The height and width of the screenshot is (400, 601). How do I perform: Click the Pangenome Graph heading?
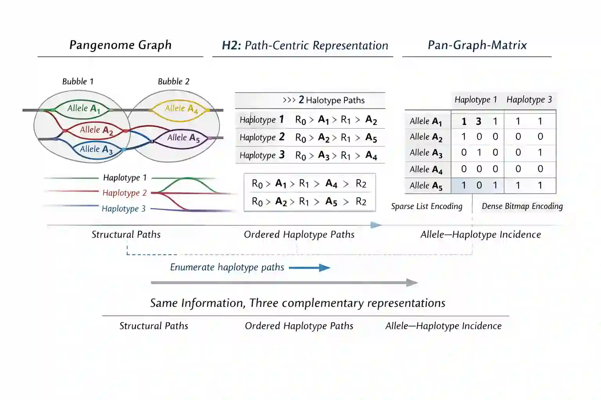pyautogui.click(x=120, y=45)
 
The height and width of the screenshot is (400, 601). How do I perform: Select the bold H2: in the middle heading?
pyautogui.click(x=231, y=45)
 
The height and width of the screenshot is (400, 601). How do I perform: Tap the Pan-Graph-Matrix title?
pyautogui.click(x=477, y=45)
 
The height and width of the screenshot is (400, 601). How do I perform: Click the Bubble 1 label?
pyautogui.click(x=78, y=81)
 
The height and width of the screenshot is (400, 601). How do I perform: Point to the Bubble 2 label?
pyautogui.click(x=173, y=81)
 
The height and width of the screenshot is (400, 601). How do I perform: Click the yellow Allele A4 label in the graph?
pyautogui.click(x=182, y=109)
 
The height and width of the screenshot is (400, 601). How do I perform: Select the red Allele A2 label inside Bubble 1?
pyautogui.click(x=96, y=130)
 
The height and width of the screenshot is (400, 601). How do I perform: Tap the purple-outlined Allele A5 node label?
pyautogui.click(x=184, y=138)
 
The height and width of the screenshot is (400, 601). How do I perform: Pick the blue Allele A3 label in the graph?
pyautogui.click(x=96, y=150)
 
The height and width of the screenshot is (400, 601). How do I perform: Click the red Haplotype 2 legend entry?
pyautogui.click(x=124, y=193)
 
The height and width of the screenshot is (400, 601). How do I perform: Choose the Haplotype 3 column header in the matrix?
pyautogui.click(x=529, y=100)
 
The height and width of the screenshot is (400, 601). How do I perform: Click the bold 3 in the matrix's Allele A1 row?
pyautogui.click(x=479, y=121)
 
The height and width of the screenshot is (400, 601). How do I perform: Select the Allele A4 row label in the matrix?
pyautogui.click(x=426, y=170)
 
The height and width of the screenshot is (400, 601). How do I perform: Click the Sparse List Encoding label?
pyautogui.click(x=426, y=206)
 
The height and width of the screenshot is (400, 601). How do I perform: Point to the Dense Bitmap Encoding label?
pyautogui.click(x=522, y=206)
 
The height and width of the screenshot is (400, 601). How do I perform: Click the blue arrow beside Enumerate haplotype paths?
pyautogui.click(x=309, y=268)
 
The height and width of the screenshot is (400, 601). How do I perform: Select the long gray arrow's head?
pyautogui.click(x=412, y=282)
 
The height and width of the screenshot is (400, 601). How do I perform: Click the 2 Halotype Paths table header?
pyautogui.click(x=324, y=100)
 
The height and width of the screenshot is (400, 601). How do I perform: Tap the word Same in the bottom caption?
pyautogui.click(x=164, y=303)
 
